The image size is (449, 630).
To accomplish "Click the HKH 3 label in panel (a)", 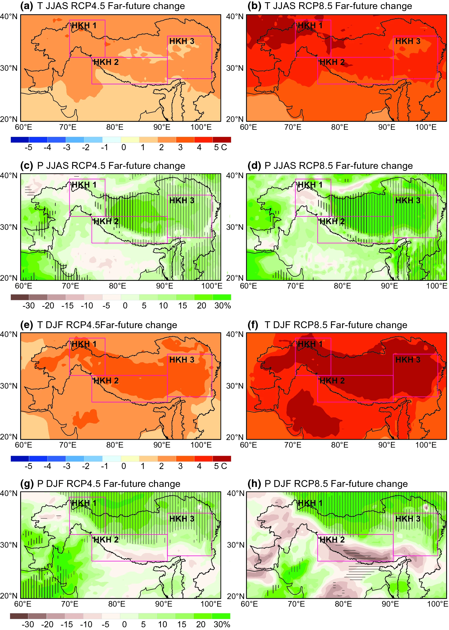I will (x=182, y=41).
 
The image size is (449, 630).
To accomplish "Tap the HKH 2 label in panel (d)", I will (x=332, y=221).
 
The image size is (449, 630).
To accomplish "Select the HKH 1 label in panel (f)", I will (x=310, y=344).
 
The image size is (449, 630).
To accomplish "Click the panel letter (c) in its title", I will (x=27, y=165).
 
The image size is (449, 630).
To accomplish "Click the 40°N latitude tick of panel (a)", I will (x=9, y=16).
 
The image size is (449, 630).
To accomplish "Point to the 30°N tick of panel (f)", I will (x=235, y=386).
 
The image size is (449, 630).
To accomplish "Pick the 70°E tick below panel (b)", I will (x=293, y=127).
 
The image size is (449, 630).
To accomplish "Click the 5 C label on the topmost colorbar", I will (x=220, y=147).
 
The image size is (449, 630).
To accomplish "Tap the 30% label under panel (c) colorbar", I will (x=222, y=306).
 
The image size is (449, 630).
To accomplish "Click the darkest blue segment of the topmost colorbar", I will (x=20, y=140).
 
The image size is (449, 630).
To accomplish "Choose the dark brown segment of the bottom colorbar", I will (x=19, y=616).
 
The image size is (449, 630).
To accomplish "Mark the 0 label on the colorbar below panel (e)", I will (x=124, y=466).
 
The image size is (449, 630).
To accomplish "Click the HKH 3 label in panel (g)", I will (x=182, y=519).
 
